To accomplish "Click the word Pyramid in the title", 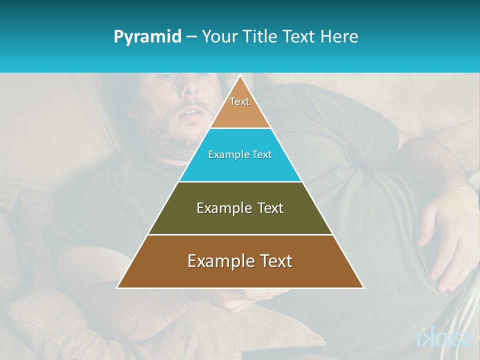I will coord(147,37).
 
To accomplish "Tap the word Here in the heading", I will coord(339,36).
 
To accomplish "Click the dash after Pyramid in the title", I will coord(191,37).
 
